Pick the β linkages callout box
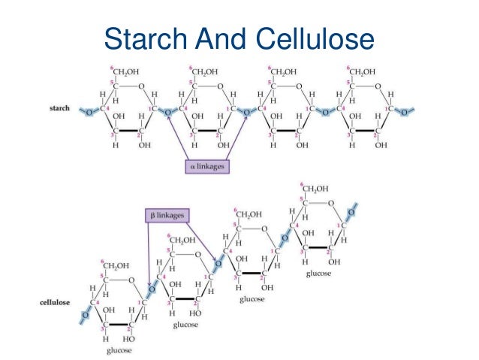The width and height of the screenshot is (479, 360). pyautogui.click(x=167, y=216)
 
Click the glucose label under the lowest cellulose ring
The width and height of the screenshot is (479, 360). pyautogui.click(x=119, y=350)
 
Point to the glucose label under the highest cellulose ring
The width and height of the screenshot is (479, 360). pyautogui.click(x=318, y=274)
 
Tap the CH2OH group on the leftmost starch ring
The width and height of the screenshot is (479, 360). pyautogui.click(x=124, y=72)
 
